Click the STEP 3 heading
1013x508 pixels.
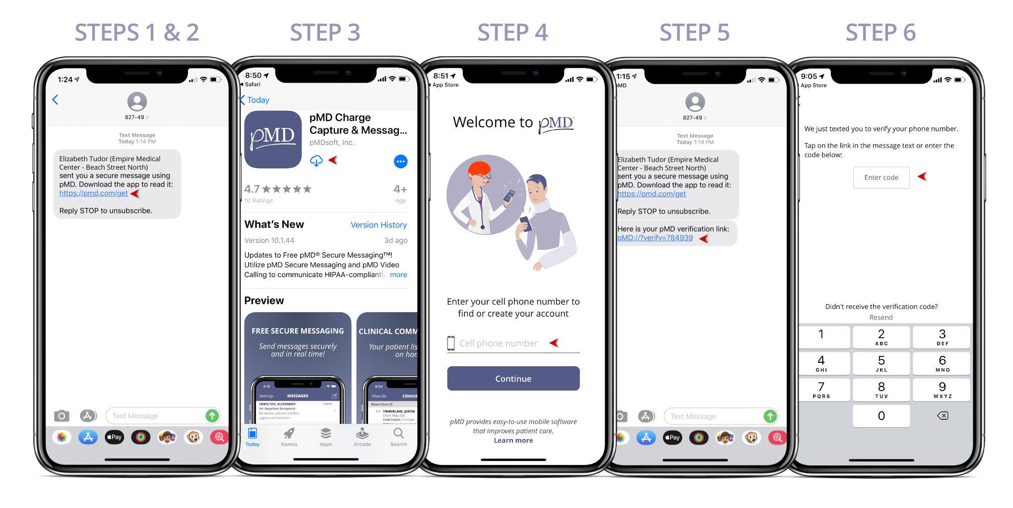325,33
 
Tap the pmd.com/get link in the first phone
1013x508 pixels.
93,193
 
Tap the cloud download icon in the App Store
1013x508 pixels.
316,161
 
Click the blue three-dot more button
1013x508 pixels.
400,162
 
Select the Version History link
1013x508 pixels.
379,225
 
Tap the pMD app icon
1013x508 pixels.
273,139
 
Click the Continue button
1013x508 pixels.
513,379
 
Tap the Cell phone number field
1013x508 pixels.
499,343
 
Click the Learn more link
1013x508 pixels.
513,441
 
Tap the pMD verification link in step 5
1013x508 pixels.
655,238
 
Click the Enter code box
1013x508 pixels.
881,177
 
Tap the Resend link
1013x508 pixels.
881,318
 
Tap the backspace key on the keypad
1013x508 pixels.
942,416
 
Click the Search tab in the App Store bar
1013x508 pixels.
398,437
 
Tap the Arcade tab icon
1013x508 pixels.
362,434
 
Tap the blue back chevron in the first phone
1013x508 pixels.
55,100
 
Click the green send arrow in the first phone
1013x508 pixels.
212,416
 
